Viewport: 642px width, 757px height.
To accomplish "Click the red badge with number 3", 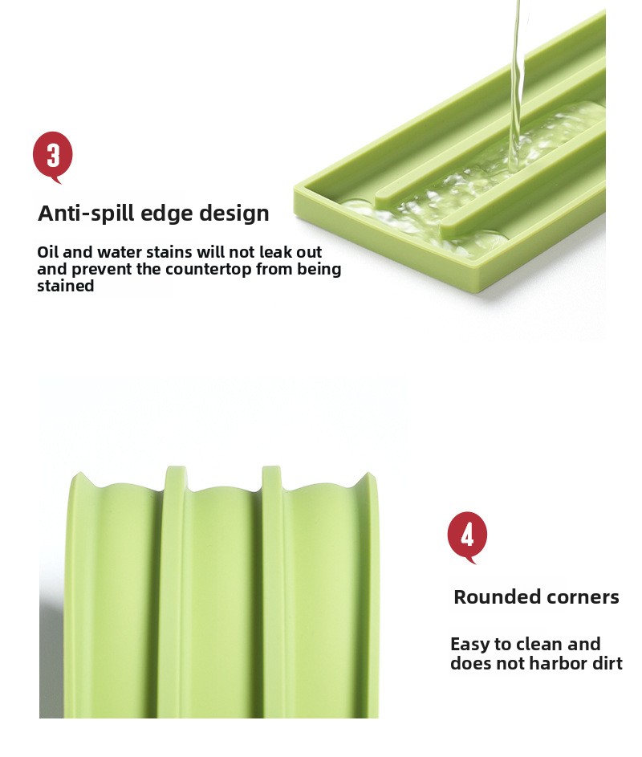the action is point(53,157).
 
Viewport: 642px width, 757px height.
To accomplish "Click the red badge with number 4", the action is point(467,536).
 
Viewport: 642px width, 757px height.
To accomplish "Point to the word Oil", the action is point(48,251).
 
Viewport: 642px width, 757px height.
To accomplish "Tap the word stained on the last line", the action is point(66,286).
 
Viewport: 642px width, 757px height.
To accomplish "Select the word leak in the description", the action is point(277,251).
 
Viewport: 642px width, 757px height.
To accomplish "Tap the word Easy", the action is point(469,645).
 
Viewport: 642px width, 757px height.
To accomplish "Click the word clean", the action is point(537,644).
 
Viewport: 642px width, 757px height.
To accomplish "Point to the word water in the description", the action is point(119,251).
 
